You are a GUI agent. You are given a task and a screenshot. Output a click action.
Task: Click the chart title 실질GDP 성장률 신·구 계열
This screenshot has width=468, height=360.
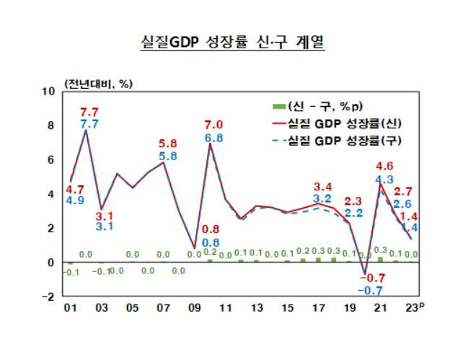click(x=233, y=43)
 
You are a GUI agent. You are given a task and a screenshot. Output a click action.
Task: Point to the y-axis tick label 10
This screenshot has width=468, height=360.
click(x=49, y=92)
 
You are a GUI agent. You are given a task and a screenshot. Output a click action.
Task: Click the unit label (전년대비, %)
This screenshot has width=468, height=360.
click(x=98, y=84)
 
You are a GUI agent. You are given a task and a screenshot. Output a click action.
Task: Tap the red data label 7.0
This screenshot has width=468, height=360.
click(x=213, y=124)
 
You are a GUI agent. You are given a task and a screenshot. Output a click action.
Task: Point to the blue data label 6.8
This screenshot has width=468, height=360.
click(x=213, y=138)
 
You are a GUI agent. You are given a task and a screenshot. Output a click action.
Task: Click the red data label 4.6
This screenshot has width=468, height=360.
click(x=384, y=165)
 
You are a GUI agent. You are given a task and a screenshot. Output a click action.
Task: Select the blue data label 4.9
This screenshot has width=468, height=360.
click(x=75, y=200)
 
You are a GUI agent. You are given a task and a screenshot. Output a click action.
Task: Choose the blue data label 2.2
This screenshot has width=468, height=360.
click(x=353, y=214)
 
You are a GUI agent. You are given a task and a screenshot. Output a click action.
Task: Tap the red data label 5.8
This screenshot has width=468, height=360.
click(x=167, y=143)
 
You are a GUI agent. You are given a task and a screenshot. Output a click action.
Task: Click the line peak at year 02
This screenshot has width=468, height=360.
click(x=86, y=130)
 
